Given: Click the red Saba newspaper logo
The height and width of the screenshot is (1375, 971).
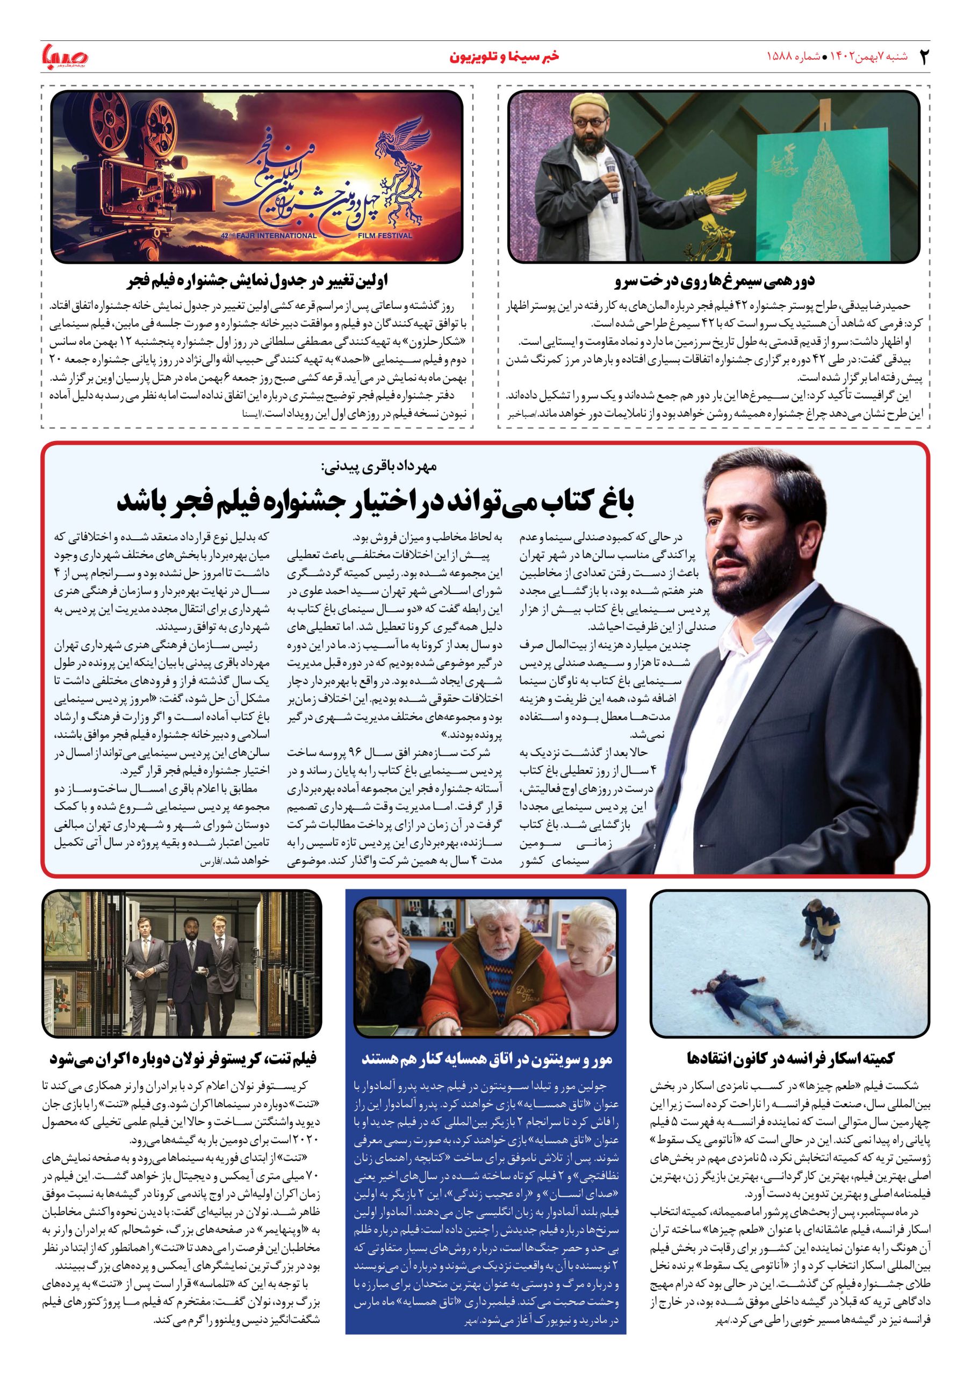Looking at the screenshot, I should point(64,56).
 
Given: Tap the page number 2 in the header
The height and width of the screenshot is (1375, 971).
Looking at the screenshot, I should point(923,57).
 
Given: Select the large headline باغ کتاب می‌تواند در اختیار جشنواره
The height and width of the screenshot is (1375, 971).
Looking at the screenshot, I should point(375,504).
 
